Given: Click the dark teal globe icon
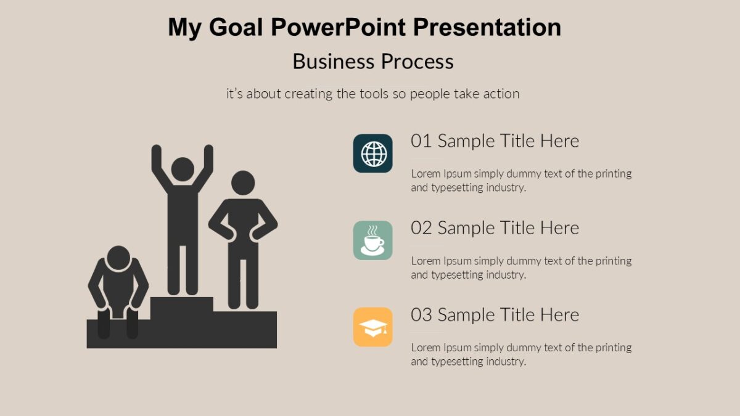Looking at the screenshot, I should (x=373, y=153).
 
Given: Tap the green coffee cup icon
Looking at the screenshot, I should (x=373, y=240).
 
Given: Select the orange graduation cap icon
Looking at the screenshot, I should (x=373, y=327).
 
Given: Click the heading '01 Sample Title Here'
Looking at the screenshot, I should (x=495, y=141).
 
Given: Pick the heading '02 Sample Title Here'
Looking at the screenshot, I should (x=495, y=228).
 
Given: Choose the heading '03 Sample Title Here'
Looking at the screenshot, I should (x=495, y=315).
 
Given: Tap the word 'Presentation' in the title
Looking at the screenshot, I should (x=487, y=28).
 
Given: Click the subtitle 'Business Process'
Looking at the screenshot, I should (x=373, y=62).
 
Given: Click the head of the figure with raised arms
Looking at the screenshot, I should (x=183, y=169).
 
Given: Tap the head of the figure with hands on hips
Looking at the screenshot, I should (x=243, y=183).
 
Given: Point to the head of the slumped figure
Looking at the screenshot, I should (x=118, y=259).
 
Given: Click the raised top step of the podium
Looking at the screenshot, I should (x=182, y=304).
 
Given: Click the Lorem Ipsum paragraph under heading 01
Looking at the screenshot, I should (x=521, y=181).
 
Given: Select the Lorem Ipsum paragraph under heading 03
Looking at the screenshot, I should (x=521, y=354).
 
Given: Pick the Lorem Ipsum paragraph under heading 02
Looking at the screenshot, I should (x=521, y=267).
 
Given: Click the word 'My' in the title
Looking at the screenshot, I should (x=184, y=28).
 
